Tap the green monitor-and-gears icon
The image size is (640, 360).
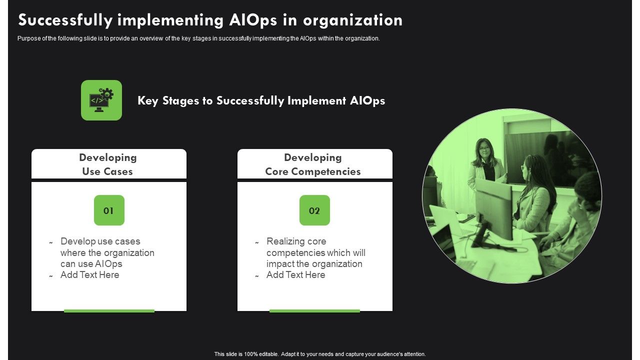point(101,100)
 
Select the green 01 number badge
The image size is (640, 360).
point(109,210)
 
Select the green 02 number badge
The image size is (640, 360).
point(314,210)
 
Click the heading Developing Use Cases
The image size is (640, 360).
point(108,164)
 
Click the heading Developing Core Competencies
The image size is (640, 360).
point(313,164)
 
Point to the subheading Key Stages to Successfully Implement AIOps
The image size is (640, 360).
point(261,100)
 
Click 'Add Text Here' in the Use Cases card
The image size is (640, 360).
point(89,275)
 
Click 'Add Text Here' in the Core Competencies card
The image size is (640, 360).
point(295,275)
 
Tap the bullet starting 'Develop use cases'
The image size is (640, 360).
point(107,252)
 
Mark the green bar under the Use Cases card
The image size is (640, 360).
point(109,311)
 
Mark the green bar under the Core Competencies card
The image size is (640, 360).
point(314,311)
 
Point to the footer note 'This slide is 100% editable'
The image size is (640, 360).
point(320,354)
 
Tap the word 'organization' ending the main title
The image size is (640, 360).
point(352,20)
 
